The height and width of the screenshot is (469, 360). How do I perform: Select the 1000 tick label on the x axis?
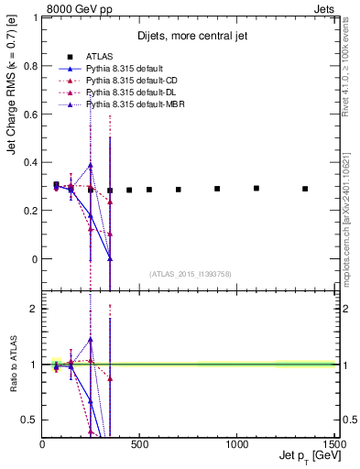(237, 445)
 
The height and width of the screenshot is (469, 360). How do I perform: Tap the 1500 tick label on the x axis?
(333, 445)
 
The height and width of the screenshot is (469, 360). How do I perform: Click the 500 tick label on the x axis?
(139, 445)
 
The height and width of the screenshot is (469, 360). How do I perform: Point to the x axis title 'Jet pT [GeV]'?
(307, 457)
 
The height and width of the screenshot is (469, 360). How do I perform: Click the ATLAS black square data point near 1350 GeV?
(305, 189)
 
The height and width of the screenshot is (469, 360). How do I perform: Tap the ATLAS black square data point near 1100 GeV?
(256, 189)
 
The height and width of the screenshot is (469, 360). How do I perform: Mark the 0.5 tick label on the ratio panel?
(30, 420)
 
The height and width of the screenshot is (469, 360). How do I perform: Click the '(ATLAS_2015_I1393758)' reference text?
(190, 274)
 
